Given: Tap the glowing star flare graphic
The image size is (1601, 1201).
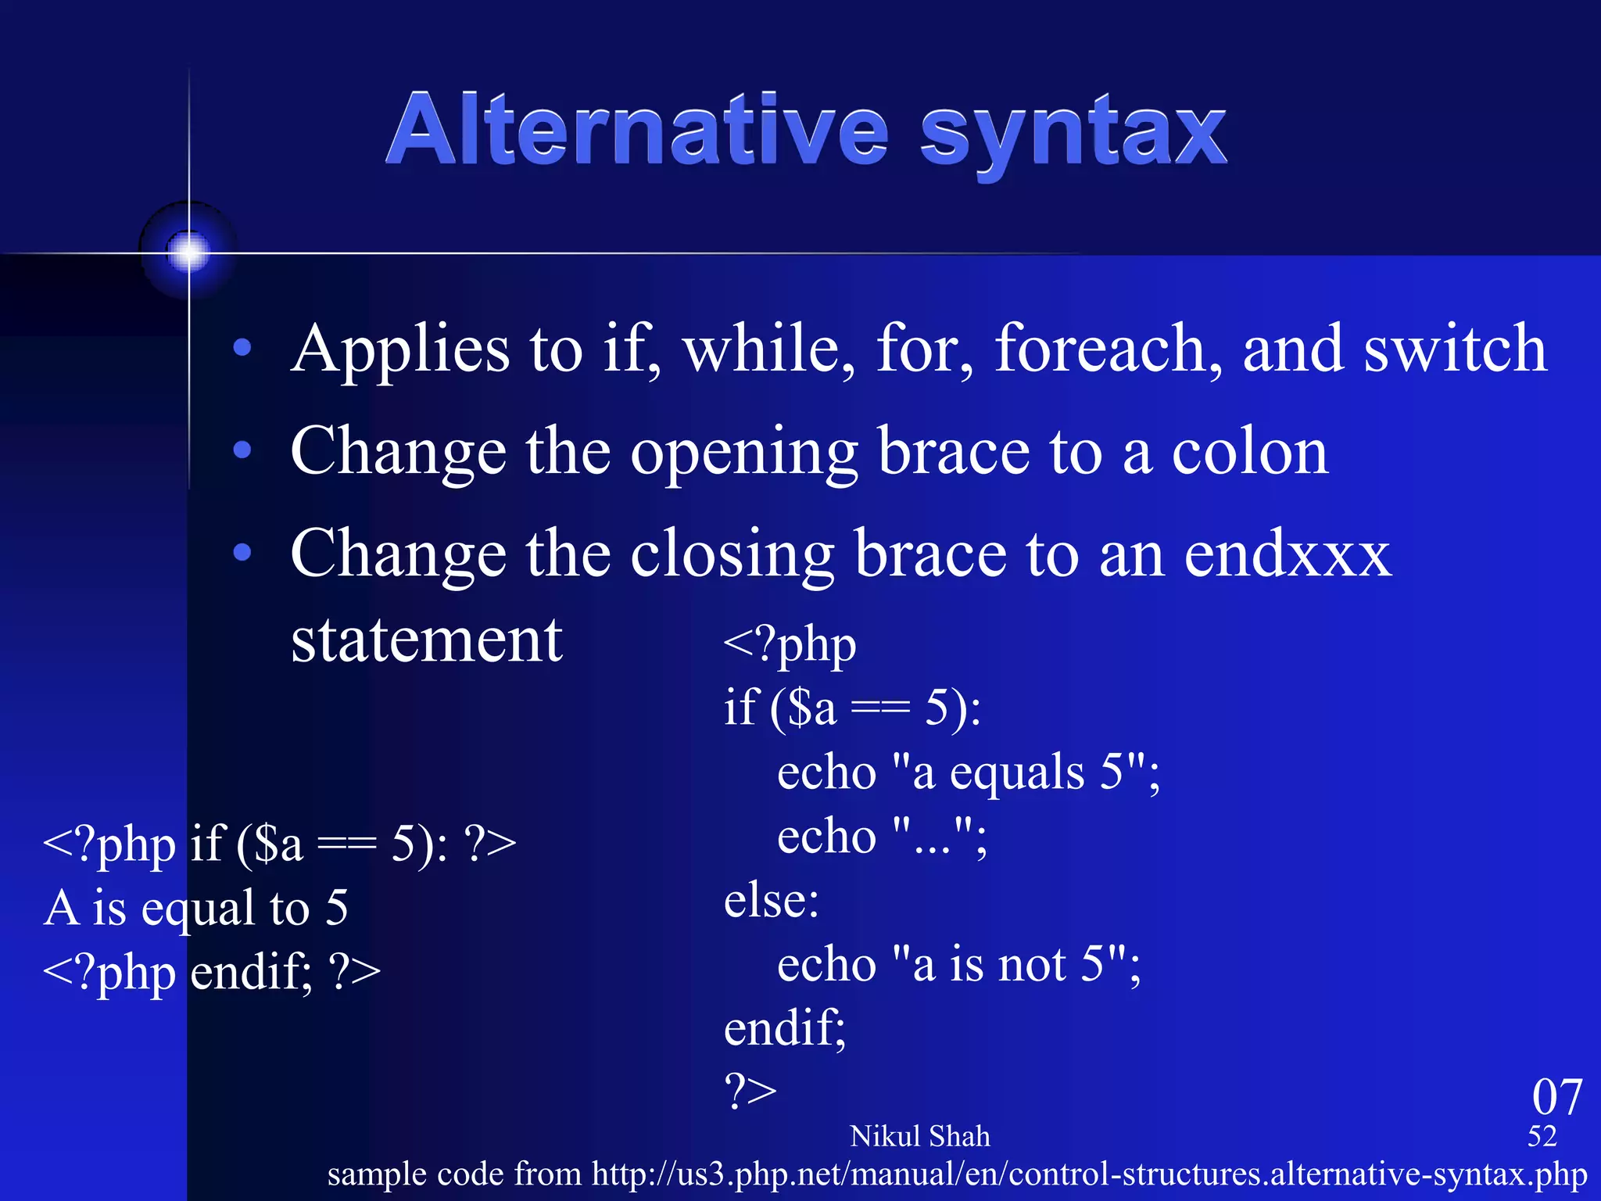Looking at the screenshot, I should click(188, 252).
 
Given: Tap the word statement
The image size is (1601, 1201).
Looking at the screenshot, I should click(426, 640).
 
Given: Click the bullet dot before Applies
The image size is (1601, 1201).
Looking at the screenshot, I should click(242, 347).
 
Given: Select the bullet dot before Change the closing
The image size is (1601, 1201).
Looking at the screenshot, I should click(242, 553).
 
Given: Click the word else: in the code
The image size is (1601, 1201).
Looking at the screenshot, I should click(771, 900).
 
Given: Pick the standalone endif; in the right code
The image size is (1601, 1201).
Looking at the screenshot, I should click(784, 1028).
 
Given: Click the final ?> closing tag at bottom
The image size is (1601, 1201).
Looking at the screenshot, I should click(750, 1092).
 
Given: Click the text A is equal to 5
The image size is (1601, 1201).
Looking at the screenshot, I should click(195, 908).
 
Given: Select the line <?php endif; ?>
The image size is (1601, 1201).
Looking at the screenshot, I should click(211, 972).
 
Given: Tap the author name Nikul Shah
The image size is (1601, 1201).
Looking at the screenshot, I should click(919, 1136).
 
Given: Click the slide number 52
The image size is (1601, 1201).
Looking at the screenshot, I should click(1542, 1136).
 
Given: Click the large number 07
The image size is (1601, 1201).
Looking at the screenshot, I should click(1556, 1097).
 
